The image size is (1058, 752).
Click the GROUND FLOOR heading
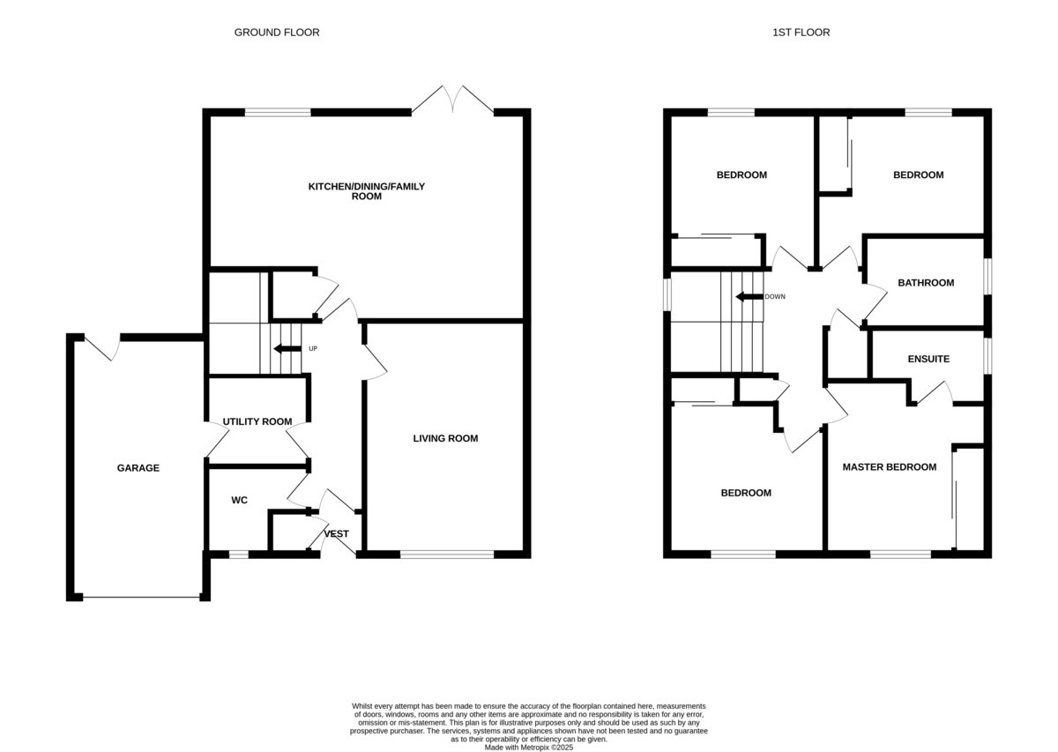[x=276, y=33]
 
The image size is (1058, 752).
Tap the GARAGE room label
[x=138, y=468]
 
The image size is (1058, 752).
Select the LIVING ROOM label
[x=445, y=438]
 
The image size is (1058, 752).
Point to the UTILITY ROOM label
[x=257, y=421]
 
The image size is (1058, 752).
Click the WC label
[x=239, y=500]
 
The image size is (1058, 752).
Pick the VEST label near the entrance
[x=337, y=533]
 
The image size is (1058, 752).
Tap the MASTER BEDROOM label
[x=889, y=466]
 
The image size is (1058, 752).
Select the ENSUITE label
[x=928, y=359]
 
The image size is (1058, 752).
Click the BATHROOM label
[x=926, y=283]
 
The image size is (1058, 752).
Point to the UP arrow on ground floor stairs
[x=287, y=348]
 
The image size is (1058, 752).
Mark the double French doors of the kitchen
[x=453, y=100]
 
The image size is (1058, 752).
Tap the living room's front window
[x=447, y=555]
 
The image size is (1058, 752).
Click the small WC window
[x=238, y=555]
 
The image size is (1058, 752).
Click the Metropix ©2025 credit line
[x=529, y=747]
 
